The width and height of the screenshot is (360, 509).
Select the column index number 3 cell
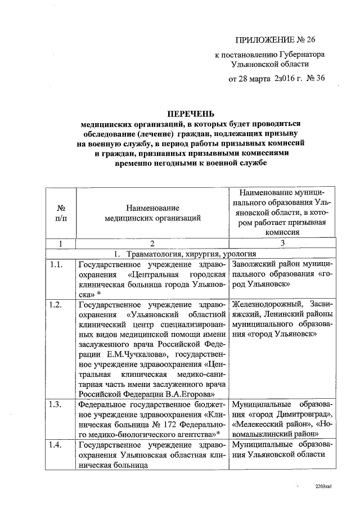click(x=283, y=244)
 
